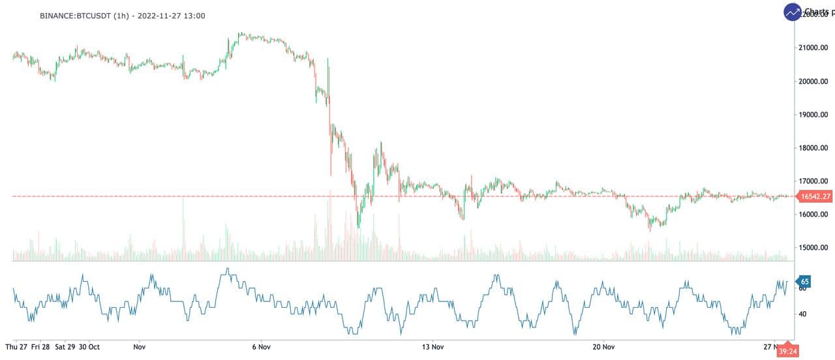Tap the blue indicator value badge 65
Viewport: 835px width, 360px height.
[x=804, y=282]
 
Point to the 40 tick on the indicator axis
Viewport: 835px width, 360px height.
[x=802, y=314]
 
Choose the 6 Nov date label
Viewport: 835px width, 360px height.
[x=260, y=347]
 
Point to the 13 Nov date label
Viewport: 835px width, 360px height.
[x=433, y=347]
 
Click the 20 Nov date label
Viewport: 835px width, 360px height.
[x=604, y=347]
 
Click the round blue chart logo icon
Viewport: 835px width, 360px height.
[x=793, y=12]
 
